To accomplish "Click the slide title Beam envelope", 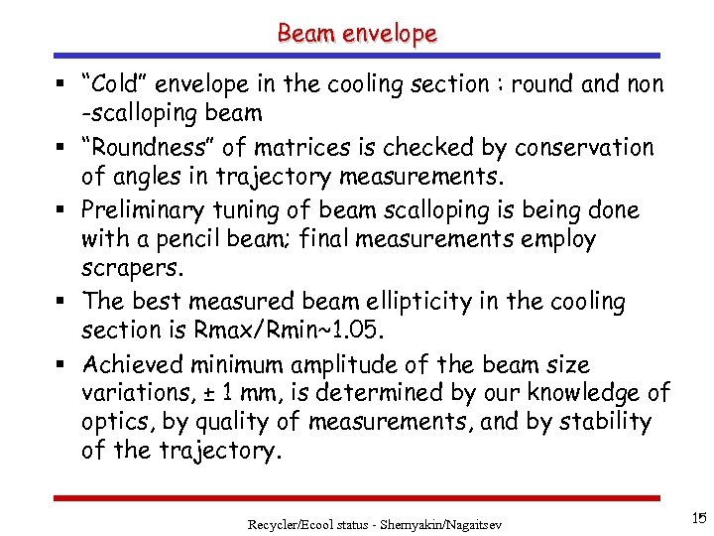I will click(357, 33).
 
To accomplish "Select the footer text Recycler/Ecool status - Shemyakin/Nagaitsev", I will click(375, 523).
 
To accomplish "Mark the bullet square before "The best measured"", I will click(63, 300).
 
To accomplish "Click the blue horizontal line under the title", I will click(357, 56).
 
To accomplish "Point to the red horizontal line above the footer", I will click(357, 497).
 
